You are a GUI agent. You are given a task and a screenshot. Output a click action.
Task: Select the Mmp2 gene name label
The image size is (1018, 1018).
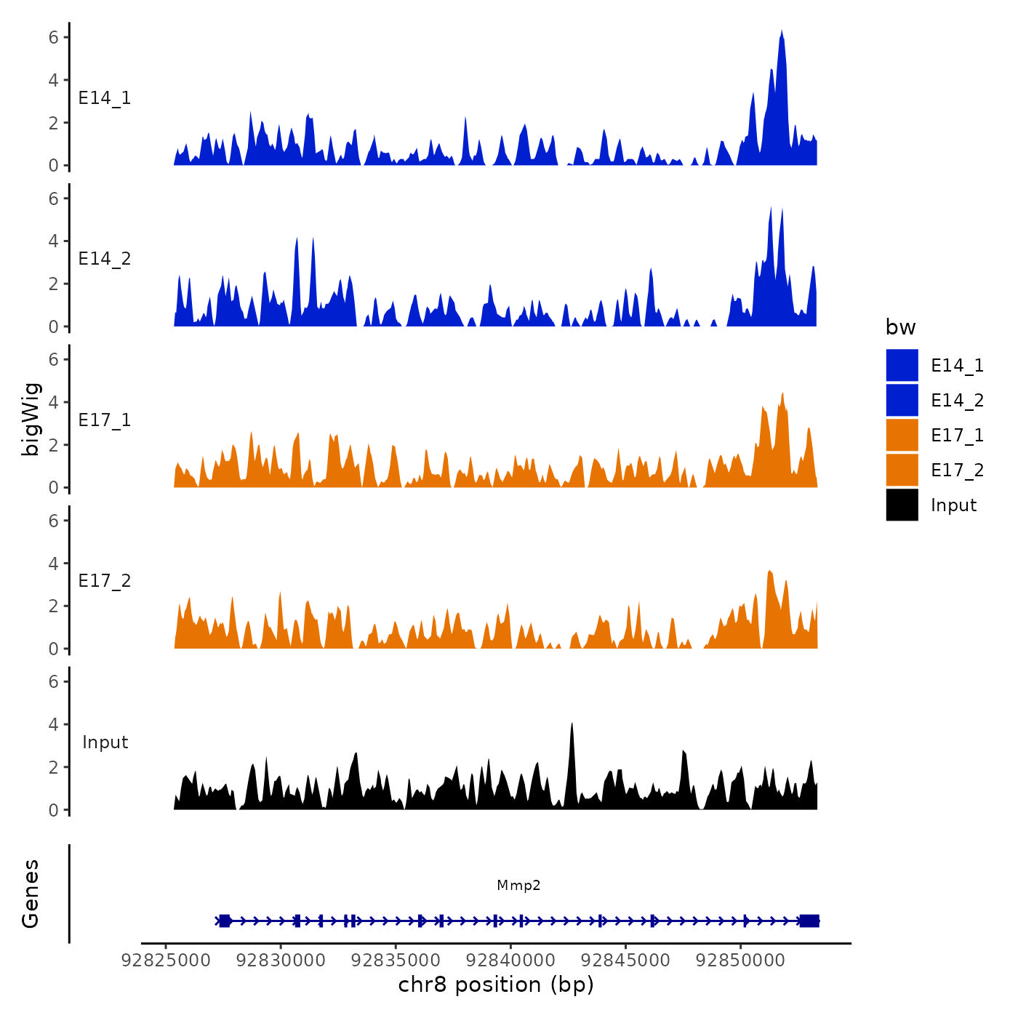tap(518, 885)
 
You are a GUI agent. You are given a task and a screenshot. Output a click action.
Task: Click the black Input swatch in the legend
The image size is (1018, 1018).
tap(902, 505)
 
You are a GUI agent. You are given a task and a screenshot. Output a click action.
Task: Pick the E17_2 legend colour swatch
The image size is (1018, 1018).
tap(902, 470)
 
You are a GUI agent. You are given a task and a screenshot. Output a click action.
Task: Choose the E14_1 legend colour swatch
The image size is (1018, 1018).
tap(902, 365)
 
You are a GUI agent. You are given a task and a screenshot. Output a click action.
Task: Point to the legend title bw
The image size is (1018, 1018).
tap(900, 327)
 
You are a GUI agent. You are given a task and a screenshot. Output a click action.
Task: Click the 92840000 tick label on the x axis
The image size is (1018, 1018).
tap(510, 960)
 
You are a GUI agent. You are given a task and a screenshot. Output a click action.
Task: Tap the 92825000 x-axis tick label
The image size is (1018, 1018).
tap(166, 960)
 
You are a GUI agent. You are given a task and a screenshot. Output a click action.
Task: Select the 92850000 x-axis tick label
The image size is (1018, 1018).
tap(741, 960)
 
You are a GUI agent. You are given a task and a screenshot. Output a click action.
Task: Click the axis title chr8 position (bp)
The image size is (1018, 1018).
tap(496, 985)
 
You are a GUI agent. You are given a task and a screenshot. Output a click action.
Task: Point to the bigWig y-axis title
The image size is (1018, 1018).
tap(31, 419)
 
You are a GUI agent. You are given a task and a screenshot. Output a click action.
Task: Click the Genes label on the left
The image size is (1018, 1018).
tap(31, 894)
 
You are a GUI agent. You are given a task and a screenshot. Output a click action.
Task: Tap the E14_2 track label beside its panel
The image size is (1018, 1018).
tap(105, 259)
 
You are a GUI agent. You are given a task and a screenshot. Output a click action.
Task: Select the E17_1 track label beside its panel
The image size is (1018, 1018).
tap(105, 420)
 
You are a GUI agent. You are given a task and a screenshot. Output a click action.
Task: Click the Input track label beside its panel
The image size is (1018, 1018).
tap(105, 742)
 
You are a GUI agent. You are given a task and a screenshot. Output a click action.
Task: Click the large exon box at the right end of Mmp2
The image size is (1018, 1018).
tap(809, 921)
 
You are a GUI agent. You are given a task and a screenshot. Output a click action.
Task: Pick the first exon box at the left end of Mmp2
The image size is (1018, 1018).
tap(225, 921)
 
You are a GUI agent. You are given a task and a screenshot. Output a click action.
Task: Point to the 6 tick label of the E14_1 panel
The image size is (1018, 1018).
tap(54, 37)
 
